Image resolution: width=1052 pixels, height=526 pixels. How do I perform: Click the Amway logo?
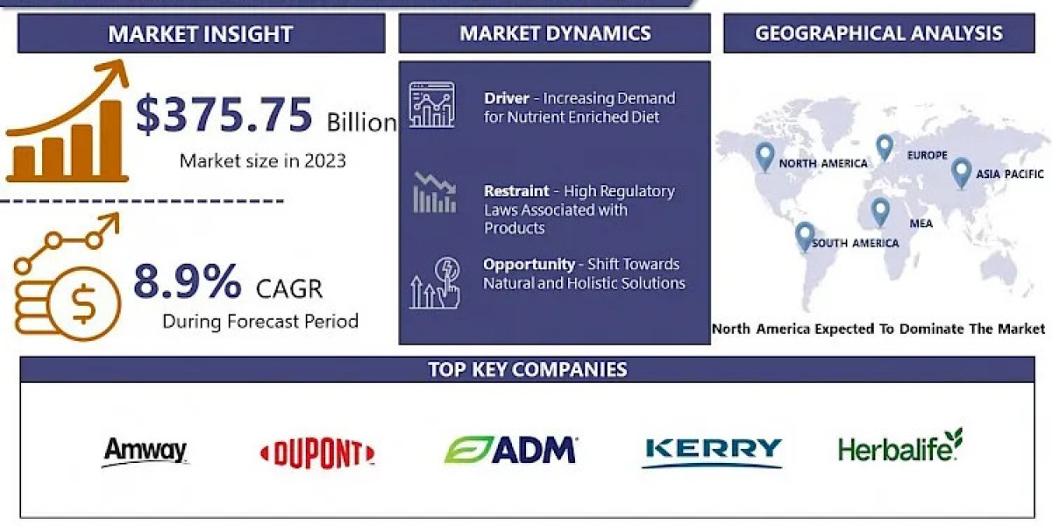click(x=146, y=451)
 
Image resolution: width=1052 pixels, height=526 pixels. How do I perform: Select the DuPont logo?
click(x=317, y=453)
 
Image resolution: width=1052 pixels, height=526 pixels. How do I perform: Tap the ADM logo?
click(x=510, y=450)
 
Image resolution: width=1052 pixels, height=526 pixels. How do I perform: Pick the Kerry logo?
click(x=712, y=450)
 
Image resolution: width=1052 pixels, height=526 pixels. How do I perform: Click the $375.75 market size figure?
click(x=224, y=115)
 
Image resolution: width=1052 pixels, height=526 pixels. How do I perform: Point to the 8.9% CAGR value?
click(x=187, y=282)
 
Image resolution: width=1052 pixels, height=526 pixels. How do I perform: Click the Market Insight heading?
click(x=201, y=34)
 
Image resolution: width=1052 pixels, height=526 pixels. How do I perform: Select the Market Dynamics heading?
click(x=555, y=33)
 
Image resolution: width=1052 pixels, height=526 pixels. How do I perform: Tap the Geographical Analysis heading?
click(x=878, y=33)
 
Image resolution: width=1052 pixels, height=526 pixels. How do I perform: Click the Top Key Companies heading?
click(x=527, y=369)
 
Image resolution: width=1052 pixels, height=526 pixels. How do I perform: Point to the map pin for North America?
click(x=765, y=156)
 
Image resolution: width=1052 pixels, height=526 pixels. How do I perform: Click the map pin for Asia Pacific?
click(x=961, y=171)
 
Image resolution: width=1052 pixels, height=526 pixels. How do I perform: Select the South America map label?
click(x=855, y=243)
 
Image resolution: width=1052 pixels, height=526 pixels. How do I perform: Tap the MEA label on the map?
click(x=920, y=224)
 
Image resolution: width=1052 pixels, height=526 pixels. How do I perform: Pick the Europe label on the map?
click(x=927, y=155)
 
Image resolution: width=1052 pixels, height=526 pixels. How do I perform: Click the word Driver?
click(x=507, y=98)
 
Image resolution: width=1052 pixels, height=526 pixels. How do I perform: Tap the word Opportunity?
click(x=529, y=264)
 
